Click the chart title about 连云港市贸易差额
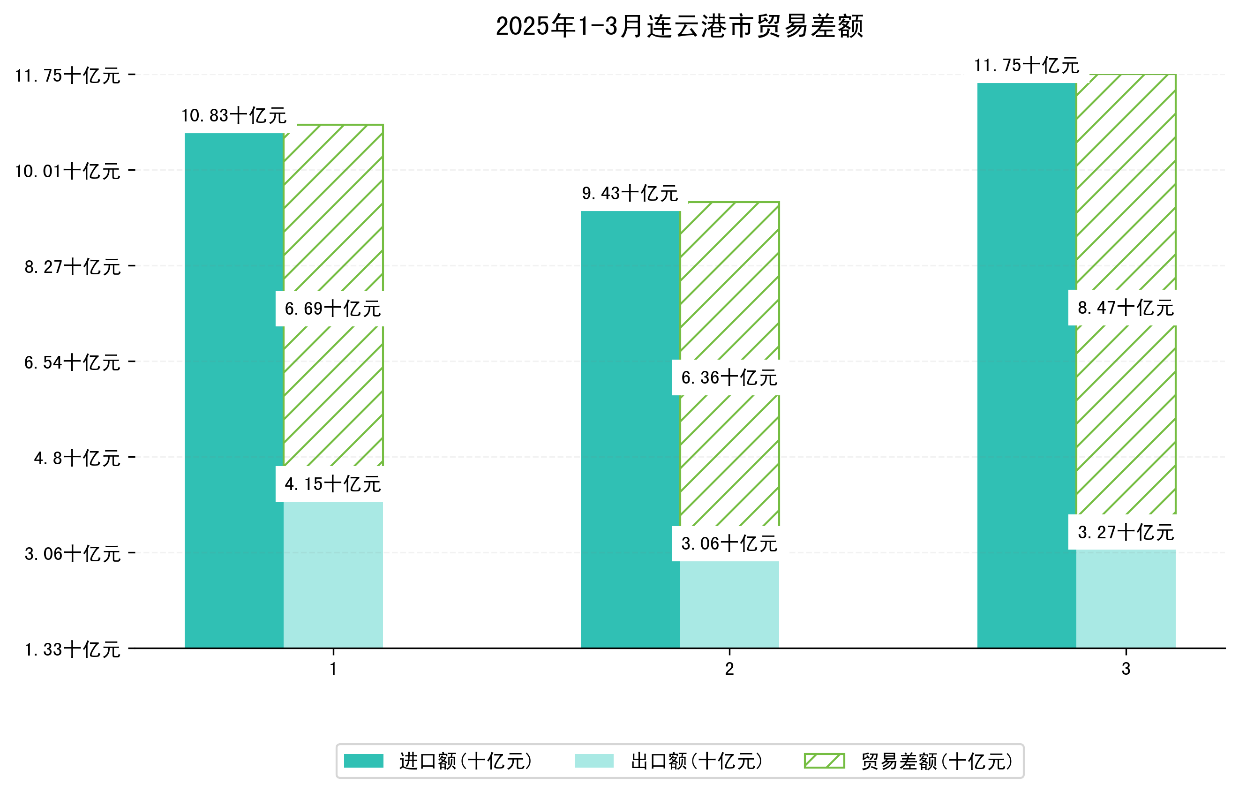point(679,26)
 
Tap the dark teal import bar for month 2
point(631,429)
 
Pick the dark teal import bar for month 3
point(1027,365)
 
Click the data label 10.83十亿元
point(233,115)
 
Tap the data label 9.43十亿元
point(630,194)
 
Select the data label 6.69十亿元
point(332,309)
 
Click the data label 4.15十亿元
point(332,484)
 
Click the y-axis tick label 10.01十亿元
point(68,171)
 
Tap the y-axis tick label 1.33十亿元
point(72,649)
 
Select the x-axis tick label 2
point(729,669)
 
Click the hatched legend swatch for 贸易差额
point(824,761)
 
